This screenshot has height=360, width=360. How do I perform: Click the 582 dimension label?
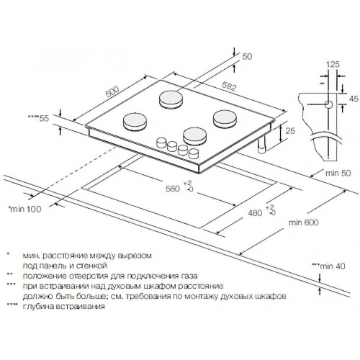[x=229, y=86]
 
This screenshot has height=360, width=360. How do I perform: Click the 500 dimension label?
[x=112, y=91]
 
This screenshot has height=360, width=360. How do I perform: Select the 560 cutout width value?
[x=173, y=189]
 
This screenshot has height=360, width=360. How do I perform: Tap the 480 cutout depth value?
[x=255, y=212]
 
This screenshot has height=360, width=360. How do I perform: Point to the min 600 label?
[x=304, y=222]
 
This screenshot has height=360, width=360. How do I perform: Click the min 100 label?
[x=24, y=209]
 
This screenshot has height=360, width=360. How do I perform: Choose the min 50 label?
[x=338, y=173]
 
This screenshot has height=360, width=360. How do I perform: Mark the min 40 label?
[x=328, y=266]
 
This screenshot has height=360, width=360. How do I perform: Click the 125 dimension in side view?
[x=333, y=64]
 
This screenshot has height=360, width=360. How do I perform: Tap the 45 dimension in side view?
[x=354, y=99]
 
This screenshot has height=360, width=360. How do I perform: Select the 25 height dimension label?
[x=290, y=131]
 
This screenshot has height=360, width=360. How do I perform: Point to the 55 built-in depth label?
[x=38, y=118]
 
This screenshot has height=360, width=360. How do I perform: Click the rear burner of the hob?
[x=171, y=99]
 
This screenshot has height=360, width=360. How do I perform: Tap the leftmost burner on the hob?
[x=135, y=122]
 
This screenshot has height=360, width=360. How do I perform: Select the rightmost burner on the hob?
[x=225, y=119]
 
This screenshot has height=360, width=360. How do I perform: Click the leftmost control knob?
[x=161, y=143]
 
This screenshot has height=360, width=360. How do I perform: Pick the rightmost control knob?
[x=194, y=153]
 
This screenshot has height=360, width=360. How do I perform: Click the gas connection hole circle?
[x=328, y=104]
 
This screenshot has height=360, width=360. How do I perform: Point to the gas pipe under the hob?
[x=261, y=144]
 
